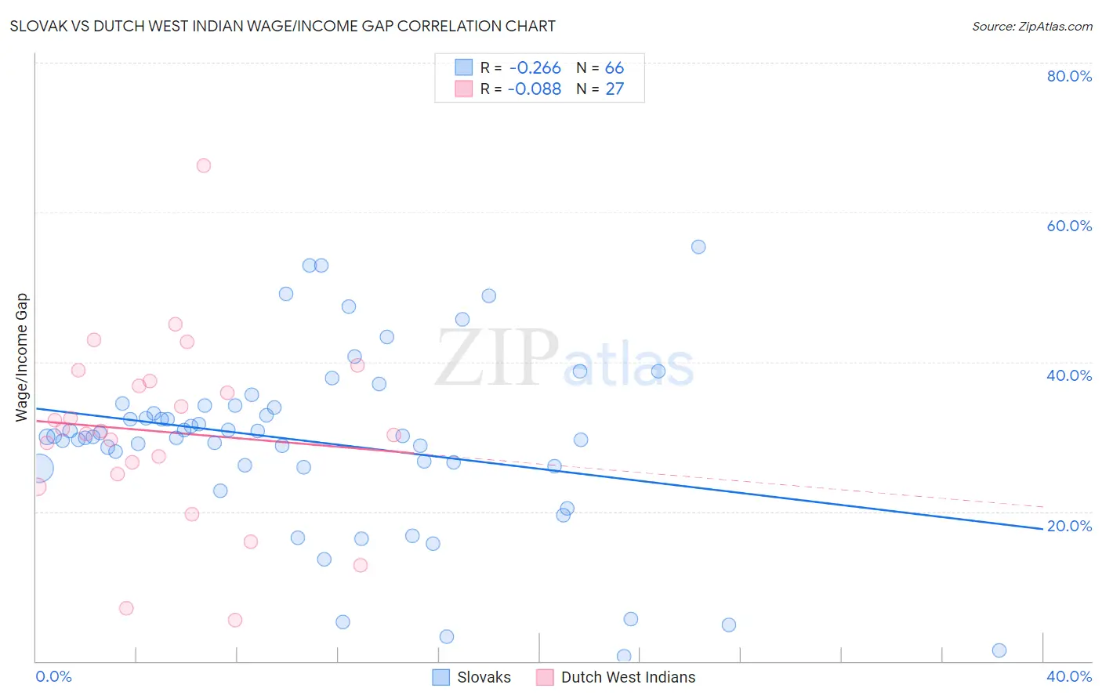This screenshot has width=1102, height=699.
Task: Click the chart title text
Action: pos(282,26)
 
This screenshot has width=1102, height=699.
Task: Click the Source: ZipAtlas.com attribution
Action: pos(1031,26)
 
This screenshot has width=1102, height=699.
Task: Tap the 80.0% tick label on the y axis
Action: pos(1069,76)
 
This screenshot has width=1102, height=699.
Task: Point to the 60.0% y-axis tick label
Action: pos(1069,226)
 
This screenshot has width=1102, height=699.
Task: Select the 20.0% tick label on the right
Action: pos(1069,526)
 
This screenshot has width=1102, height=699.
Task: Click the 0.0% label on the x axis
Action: pos(53,676)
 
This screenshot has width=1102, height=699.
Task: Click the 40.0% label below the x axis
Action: pos(1069,676)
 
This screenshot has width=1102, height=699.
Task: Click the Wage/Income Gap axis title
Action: pos(22,357)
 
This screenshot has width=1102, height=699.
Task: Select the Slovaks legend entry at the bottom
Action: pos(484,677)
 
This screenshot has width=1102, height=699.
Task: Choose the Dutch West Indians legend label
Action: pos(628,677)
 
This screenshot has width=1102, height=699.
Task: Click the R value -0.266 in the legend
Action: pos(535,68)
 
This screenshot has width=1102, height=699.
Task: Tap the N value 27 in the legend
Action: pos(614,89)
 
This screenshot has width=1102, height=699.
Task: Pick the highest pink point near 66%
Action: pos(204,165)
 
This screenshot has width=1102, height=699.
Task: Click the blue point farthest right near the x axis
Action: pos(999,650)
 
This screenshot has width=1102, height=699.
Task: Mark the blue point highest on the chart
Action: pos(698,247)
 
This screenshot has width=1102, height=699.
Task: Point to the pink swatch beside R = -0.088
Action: pos(464,89)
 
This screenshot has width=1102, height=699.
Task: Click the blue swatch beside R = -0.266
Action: pos(464,68)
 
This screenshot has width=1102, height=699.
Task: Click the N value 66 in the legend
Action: pos(614,68)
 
